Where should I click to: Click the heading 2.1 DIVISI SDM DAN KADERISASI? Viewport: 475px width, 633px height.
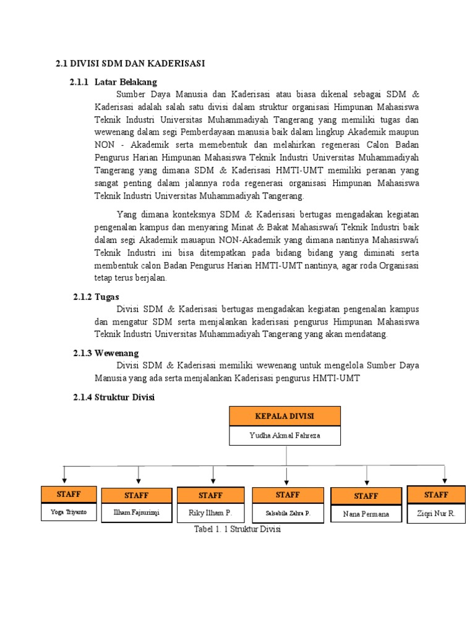click(x=130, y=63)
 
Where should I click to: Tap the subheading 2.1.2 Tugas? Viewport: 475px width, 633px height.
click(x=96, y=297)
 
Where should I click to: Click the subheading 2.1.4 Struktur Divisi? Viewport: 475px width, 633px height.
click(x=113, y=397)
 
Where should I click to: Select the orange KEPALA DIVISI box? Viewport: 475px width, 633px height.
click(x=285, y=416)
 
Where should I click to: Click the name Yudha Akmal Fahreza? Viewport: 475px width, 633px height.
click(x=285, y=435)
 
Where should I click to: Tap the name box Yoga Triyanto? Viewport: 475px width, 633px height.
click(x=69, y=512)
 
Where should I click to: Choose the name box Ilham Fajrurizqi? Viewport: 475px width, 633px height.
click(x=136, y=513)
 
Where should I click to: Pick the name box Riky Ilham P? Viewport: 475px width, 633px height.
click(x=210, y=513)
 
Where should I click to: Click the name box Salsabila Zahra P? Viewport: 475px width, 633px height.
click(x=288, y=513)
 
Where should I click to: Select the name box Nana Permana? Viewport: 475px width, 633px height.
click(x=366, y=514)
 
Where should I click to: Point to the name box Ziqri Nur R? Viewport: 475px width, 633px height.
click(x=436, y=513)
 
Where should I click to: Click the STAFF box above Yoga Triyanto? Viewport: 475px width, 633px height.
click(x=69, y=494)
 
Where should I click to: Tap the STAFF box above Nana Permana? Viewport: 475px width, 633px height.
click(x=366, y=496)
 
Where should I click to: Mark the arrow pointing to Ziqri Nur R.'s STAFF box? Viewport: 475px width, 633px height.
click(x=445, y=475)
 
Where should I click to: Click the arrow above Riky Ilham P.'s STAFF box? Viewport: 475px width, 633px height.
click(x=213, y=475)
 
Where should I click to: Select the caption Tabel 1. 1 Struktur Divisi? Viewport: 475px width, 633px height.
click(x=237, y=529)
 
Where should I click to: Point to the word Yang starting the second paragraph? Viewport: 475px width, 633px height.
click(x=126, y=215)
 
